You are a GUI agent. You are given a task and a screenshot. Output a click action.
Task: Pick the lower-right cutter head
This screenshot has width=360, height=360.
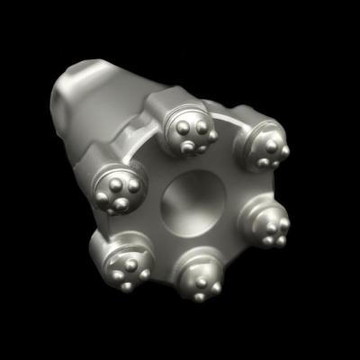point(266,221)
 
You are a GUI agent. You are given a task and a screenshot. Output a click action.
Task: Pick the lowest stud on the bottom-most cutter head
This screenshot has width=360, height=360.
point(201,293)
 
